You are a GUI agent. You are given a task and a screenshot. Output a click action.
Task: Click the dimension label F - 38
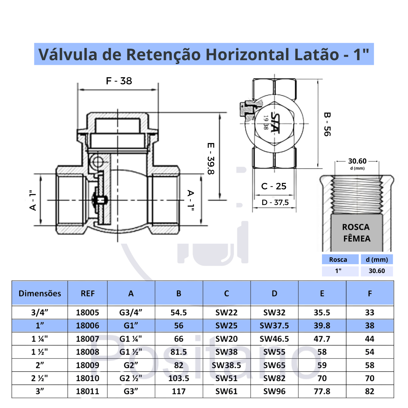point(119,81)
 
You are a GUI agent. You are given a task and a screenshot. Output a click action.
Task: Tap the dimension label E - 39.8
point(211,158)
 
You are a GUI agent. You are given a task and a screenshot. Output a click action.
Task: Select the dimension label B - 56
point(327,124)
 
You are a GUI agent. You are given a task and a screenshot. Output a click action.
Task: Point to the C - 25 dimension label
point(274,186)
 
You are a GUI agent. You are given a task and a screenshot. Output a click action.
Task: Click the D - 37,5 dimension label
point(275,203)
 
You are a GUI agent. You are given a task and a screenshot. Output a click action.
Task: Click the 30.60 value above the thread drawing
point(357,161)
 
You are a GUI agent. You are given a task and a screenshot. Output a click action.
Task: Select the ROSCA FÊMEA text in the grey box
point(356,233)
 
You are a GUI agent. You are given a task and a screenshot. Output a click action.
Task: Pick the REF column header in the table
point(87,293)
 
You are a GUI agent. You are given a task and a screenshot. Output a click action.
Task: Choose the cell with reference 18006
point(87,326)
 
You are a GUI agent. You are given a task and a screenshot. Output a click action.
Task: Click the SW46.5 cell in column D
point(274,339)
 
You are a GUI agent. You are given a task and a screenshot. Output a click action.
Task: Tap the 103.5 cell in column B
point(178,378)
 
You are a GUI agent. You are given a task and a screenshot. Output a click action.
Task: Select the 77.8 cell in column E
point(322,391)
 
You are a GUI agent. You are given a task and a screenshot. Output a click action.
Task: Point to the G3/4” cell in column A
point(131,312)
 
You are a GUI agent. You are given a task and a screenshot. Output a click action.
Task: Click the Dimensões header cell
point(40,293)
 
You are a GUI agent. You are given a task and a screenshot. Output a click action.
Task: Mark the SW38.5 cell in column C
point(226,365)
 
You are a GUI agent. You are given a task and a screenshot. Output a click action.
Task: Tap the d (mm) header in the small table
point(377,259)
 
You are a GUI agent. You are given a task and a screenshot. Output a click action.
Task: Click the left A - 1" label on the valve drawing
point(33,200)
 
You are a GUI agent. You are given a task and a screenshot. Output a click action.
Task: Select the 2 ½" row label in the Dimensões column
point(40,378)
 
